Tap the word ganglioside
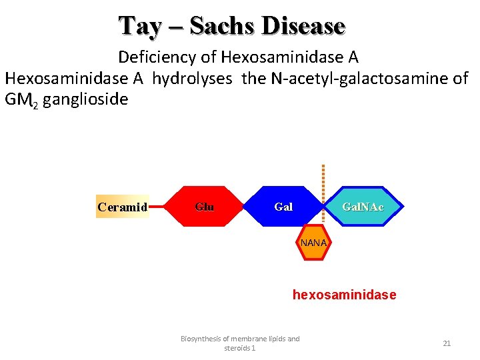tap(85, 100)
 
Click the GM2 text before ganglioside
tap(21, 101)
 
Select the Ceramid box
tap(123, 207)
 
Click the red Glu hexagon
tap(205, 207)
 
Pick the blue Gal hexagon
tap(283, 207)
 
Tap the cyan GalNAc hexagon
tap(363, 207)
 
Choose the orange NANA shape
tap(313, 243)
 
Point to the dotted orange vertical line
tap(323, 180)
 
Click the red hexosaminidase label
tap(344, 295)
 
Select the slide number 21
tap(447, 343)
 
